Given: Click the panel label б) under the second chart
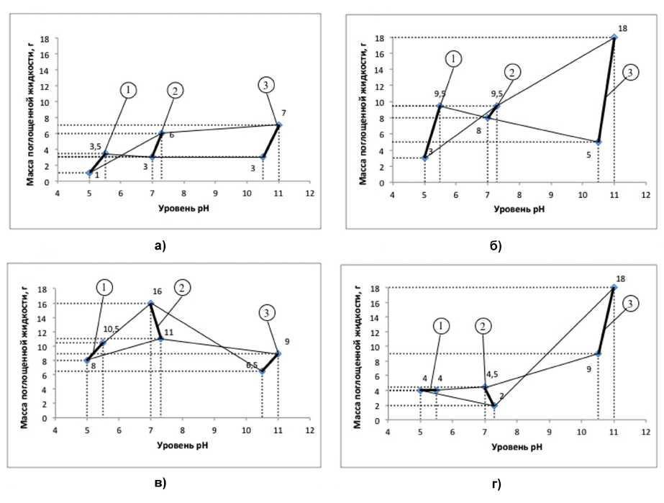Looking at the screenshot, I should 496,246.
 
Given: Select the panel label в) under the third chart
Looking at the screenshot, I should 160,482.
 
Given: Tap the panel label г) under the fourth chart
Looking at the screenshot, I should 496,483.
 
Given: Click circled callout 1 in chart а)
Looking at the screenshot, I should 128,90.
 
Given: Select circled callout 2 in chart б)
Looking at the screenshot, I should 511,72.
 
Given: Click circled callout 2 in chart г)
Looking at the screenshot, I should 483,325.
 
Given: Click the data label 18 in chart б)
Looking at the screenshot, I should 622,28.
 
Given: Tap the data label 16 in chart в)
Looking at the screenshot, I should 157,294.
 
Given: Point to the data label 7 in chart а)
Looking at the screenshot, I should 283,113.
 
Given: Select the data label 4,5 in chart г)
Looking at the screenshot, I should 492,374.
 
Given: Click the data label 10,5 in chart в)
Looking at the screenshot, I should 111,328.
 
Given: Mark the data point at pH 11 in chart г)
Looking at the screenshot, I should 614,287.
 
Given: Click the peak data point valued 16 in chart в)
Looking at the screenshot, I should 150,303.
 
